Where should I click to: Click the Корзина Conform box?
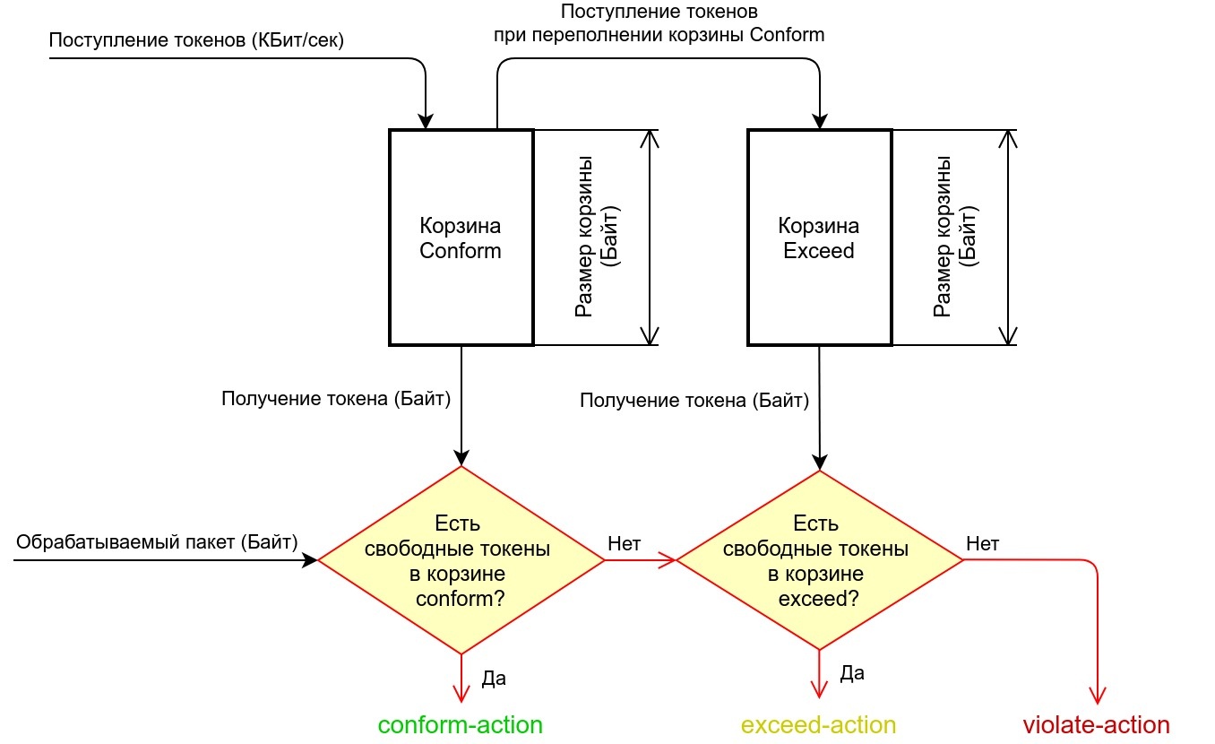click(x=461, y=238)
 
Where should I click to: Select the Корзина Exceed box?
click(x=819, y=238)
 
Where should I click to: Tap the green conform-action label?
click(x=461, y=724)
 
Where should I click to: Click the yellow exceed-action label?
click(x=819, y=724)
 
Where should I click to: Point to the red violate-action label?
click(x=1097, y=724)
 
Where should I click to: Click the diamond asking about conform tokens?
click(x=461, y=560)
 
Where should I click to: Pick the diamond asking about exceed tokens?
click(x=819, y=560)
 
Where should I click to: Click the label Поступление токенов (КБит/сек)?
click(x=196, y=40)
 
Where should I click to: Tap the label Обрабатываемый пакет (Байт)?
click(x=157, y=541)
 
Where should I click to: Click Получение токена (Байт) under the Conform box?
click(x=336, y=398)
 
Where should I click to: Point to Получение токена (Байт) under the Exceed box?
click(x=694, y=400)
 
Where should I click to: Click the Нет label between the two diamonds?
click(x=624, y=542)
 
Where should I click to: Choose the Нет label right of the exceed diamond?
click(x=983, y=542)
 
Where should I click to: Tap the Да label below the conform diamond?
click(x=494, y=678)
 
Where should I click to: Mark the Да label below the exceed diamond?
click(x=852, y=672)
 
